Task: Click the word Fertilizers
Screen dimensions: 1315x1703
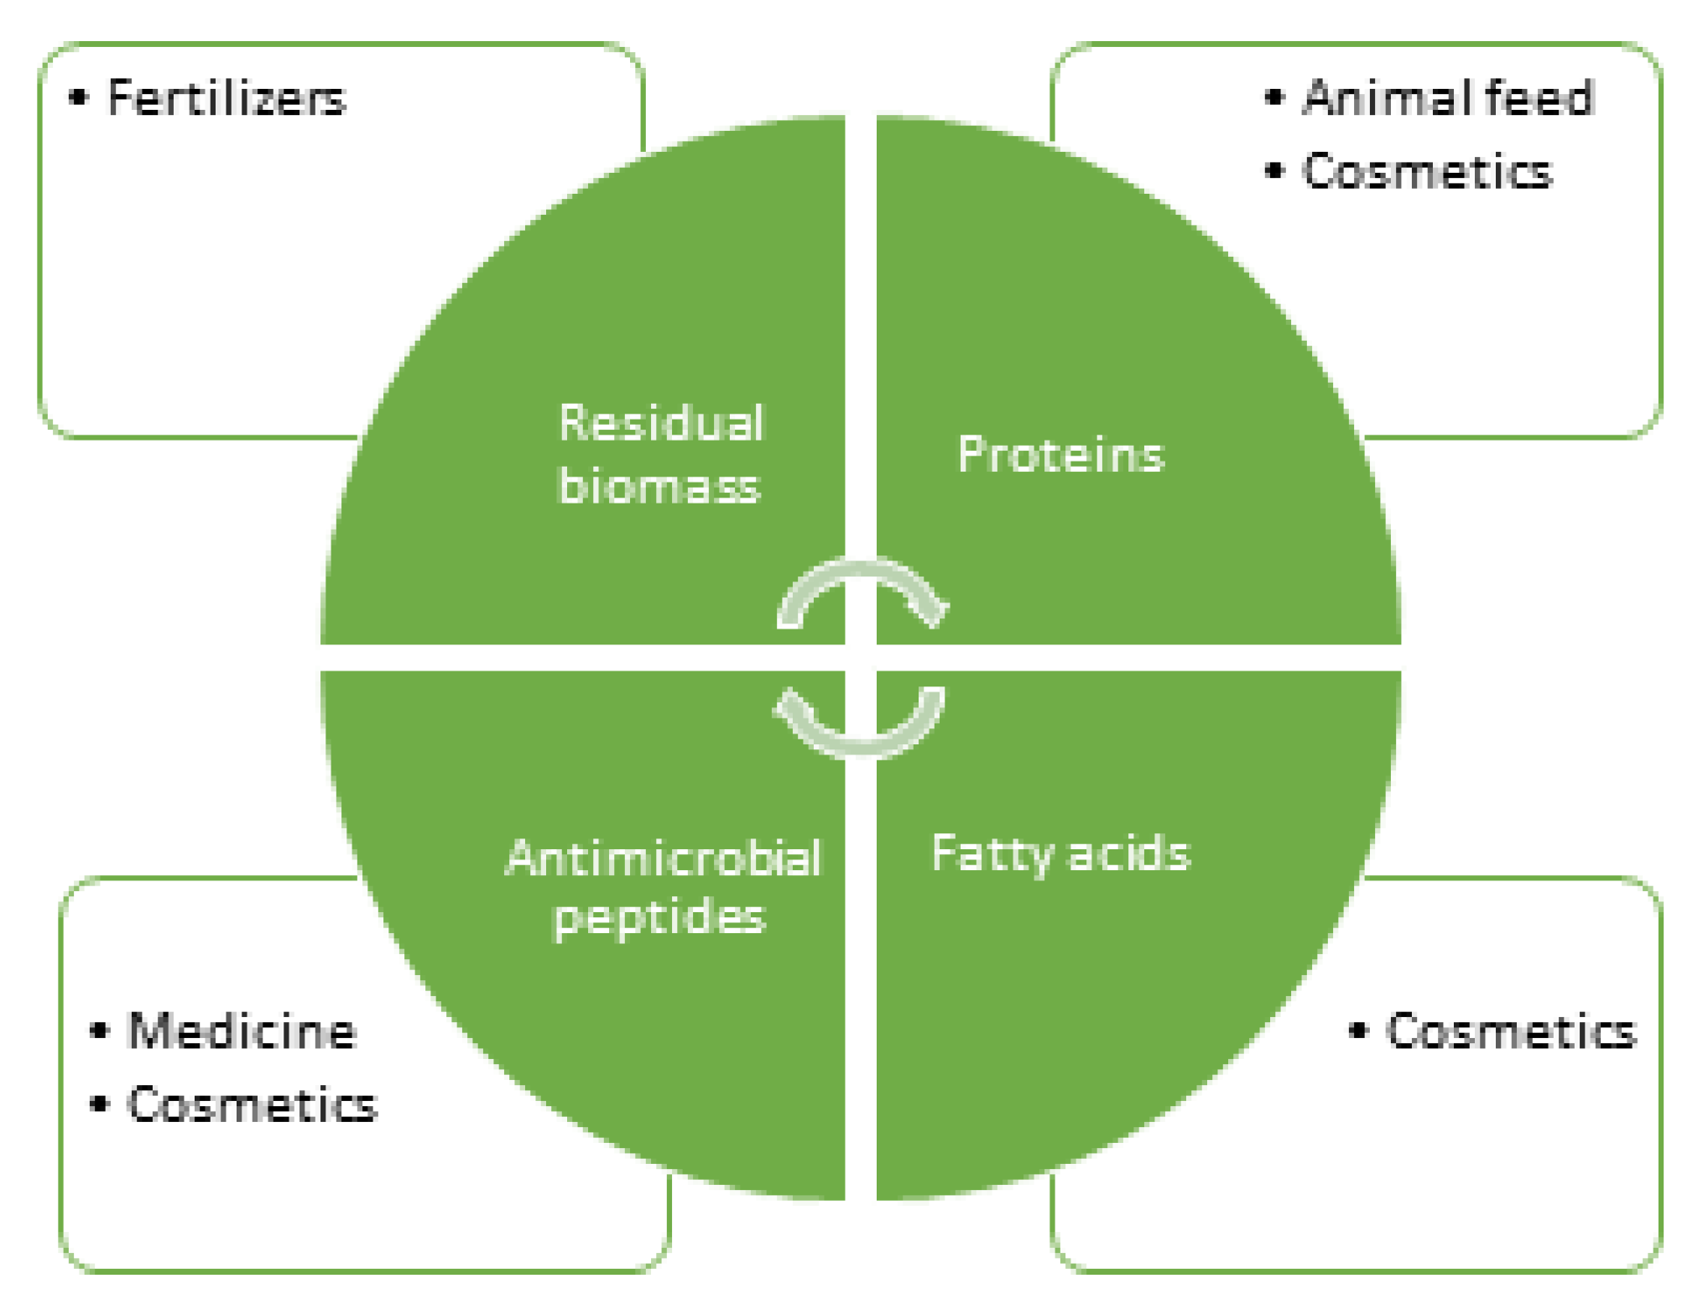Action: click(227, 98)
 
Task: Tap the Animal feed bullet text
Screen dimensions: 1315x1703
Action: click(1447, 98)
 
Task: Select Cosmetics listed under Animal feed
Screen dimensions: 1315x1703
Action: click(1426, 172)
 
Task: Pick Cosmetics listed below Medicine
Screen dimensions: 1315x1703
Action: click(252, 1104)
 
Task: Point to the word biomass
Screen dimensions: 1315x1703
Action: click(659, 487)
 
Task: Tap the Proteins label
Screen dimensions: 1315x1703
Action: click(1061, 456)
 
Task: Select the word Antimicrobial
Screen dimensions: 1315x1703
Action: click(663, 858)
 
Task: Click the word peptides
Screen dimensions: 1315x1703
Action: click(659, 916)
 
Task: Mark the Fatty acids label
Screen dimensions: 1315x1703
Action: click(1061, 854)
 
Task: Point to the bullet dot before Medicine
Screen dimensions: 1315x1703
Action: click(99, 1031)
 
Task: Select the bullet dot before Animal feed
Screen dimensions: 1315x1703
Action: click(1273, 98)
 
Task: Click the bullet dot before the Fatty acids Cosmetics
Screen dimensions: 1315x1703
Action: click(1358, 1031)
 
